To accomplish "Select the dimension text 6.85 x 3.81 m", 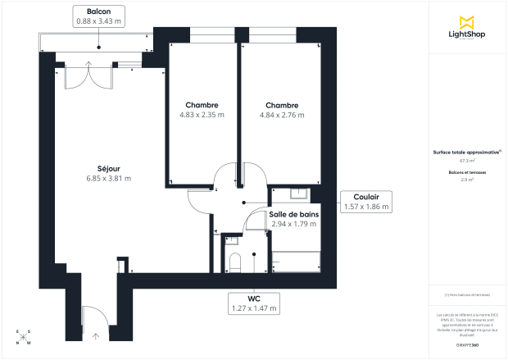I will click(x=109, y=179).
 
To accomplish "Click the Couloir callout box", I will click(x=365, y=202).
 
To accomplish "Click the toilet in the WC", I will click(x=235, y=262).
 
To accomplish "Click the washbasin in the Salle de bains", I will click(x=299, y=194).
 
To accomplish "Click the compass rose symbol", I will click(x=23, y=338).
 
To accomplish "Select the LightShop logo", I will click(x=467, y=29).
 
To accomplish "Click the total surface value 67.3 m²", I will click(x=467, y=161).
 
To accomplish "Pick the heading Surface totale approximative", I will click(x=467, y=153).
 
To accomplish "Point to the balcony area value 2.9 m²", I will click(x=467, y=178).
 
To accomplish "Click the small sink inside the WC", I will click(x=231, y=240).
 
